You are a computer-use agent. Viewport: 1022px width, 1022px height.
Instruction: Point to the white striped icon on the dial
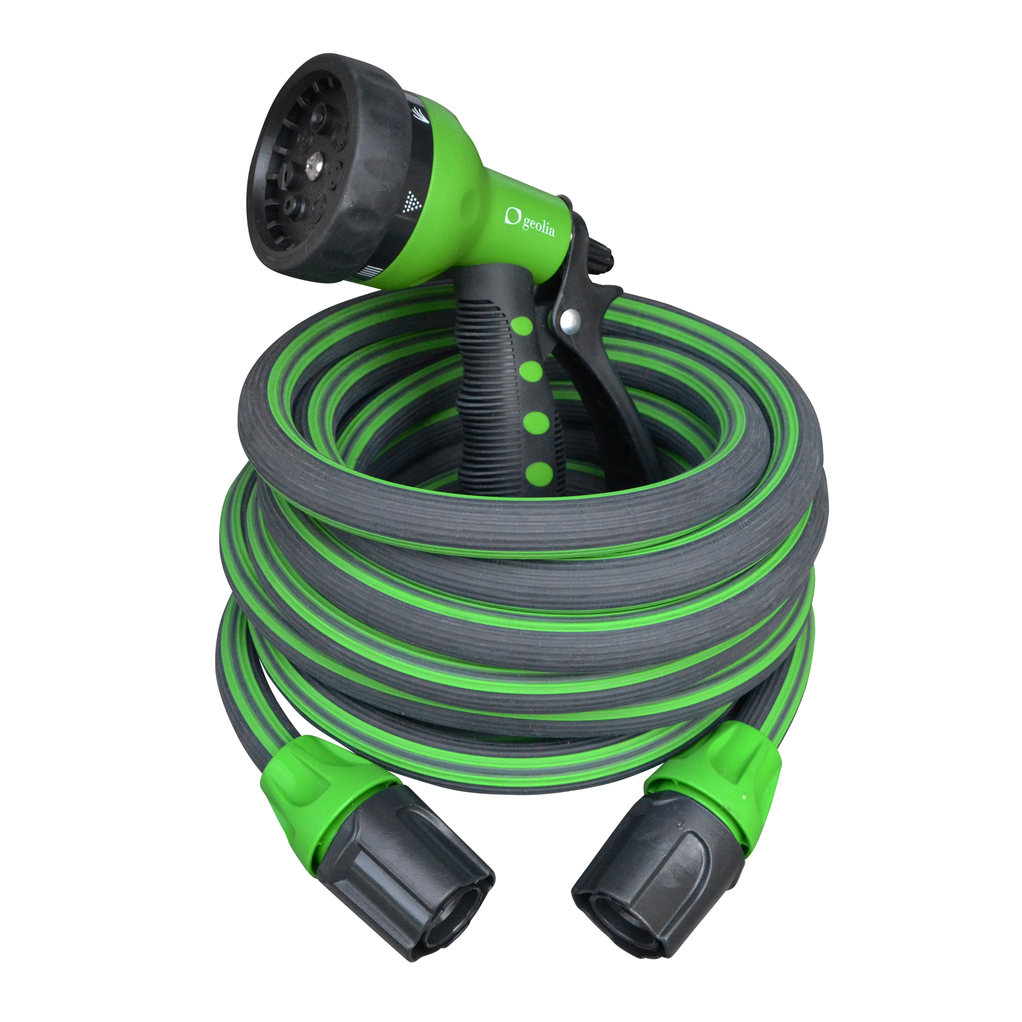[x=369, y=272]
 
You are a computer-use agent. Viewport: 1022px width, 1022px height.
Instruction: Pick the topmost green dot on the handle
[x=522, y=325]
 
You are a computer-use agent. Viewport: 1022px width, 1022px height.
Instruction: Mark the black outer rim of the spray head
[x=370, y=159]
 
